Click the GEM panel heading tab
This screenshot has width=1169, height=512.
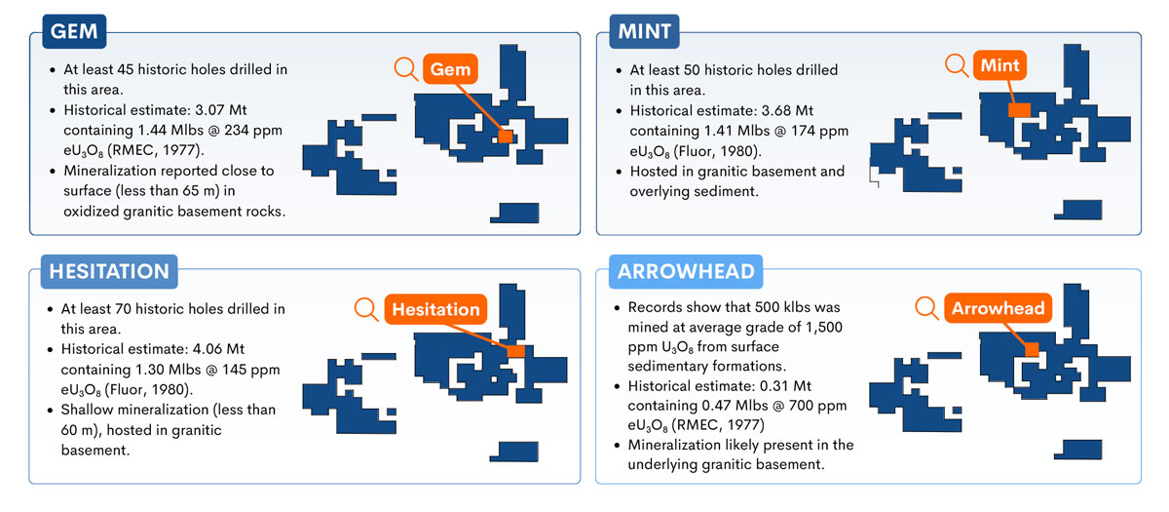coord(74,31)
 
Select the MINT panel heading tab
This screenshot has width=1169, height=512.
coord(645,31)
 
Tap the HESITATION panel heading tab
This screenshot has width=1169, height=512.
coord(109,272)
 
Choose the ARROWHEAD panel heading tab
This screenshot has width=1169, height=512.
coord(686,272)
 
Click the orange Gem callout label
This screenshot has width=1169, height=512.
coord(450,69)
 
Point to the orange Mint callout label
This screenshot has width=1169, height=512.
coord(999,65)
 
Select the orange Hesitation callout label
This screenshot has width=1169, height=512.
coord(435,309)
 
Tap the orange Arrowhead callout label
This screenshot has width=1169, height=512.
coord(998,308)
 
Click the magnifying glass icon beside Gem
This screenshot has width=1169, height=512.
coord(406,68)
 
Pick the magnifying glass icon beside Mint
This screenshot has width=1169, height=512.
coord(957,65)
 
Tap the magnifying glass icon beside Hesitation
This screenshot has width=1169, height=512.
coord(366,309)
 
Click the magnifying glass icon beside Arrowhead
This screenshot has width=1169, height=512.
coord(927,308)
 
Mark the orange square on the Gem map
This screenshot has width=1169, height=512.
coord(506,137)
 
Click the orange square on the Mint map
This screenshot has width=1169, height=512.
coord(1019,109)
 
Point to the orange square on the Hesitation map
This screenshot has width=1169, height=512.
coord(516,350)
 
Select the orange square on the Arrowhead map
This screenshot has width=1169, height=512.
coord(1032,349)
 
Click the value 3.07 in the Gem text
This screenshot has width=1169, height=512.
coord(209,110)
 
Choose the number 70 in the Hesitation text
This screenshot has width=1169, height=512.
coord(123,309)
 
